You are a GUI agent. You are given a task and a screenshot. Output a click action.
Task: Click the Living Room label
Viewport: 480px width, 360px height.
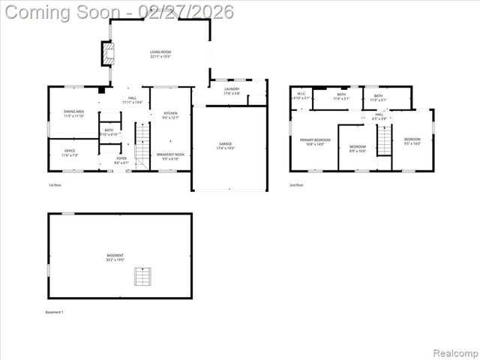tap(160, 54)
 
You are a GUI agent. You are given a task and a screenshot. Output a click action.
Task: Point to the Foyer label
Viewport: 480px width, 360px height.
tap(121, 160)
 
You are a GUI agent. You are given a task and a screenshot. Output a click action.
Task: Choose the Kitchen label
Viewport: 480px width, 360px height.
tap(171, 115)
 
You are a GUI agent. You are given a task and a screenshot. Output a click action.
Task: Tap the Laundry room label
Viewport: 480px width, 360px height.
tap(231, 91)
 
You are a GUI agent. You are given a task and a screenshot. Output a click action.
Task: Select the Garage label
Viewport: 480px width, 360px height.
tap(225, 145)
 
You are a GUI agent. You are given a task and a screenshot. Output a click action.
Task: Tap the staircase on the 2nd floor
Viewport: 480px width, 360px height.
tap(384, 139)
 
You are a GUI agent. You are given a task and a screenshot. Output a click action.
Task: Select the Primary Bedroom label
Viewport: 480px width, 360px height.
tap(316, 142)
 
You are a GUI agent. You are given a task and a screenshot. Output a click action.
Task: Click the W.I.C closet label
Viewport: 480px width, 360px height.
tap(301, 97)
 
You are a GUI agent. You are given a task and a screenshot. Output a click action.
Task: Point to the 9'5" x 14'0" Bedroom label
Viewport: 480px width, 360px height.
tap(412, 141)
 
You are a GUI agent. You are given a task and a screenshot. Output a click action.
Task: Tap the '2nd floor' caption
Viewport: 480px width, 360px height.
tap(296, 184)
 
